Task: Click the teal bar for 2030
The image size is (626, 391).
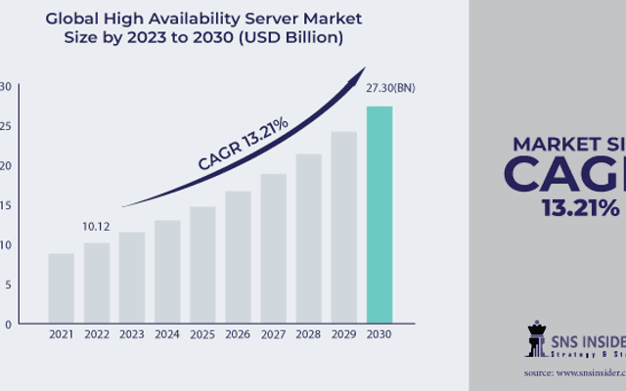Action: [x=380, y=214]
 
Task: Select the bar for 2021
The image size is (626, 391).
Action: [x=61, y=288]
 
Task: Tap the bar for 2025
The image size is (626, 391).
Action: [x=202, y=265]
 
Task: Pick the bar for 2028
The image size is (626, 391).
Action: [x=309, y=239]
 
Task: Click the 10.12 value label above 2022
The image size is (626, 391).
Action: [x=96, y=226]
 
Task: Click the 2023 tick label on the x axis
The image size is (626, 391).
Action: [x=132, y=335]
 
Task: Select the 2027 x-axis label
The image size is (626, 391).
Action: [x=273, y=335]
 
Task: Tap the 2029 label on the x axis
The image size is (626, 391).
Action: [x=344, y=335]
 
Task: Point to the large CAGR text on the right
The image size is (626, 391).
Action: [x=567, y=174]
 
